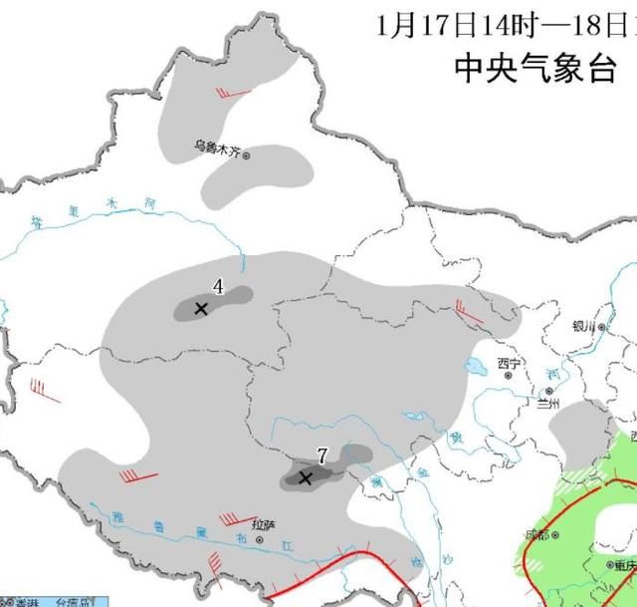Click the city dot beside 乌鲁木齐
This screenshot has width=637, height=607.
[x=247, y=153]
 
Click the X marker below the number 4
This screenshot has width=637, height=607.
[x=201, y=309]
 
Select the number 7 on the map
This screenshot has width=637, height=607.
[x=321, y=455]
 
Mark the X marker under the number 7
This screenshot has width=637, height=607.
[x=306, y=478]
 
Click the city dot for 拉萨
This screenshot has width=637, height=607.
[x=260, y=539]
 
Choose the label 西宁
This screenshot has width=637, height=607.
[x=509, y=363]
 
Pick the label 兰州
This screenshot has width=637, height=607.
[x=548, y=403]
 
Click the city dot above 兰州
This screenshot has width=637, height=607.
[x=547, y=391]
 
